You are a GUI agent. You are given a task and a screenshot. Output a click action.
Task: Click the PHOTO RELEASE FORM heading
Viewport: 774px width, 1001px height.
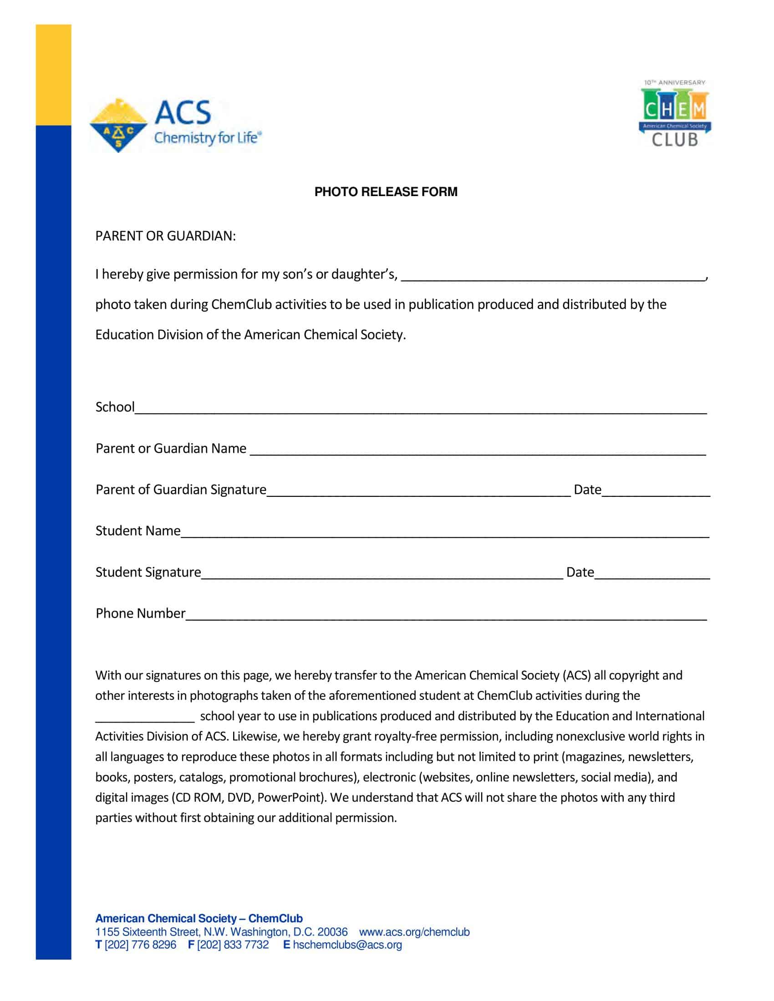click(x=386, y=192)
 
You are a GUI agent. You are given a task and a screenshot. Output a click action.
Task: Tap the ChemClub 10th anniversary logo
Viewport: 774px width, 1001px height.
click(x=674, y=114)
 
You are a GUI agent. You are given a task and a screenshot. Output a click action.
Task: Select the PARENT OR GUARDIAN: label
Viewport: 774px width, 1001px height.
click(x=165, y=236)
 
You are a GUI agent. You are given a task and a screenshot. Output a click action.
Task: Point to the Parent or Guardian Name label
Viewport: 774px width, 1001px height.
click(x=171, y=448)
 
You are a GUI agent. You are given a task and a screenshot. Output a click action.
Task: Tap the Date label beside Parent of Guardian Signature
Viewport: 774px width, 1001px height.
click(x=587, y=490)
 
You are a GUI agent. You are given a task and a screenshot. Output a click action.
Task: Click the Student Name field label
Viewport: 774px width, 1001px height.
click(x=137, y=531)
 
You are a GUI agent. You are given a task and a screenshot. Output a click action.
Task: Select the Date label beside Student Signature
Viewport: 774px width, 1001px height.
click(x=580, y=572)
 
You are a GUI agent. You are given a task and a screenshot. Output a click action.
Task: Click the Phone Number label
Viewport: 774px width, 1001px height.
click(x=140, y=613)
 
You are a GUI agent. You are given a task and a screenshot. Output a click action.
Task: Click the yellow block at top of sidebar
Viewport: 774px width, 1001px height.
click(x=53, y=74)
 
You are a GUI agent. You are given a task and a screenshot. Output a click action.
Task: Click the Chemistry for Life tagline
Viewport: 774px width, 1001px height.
click(x=207, y=137)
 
